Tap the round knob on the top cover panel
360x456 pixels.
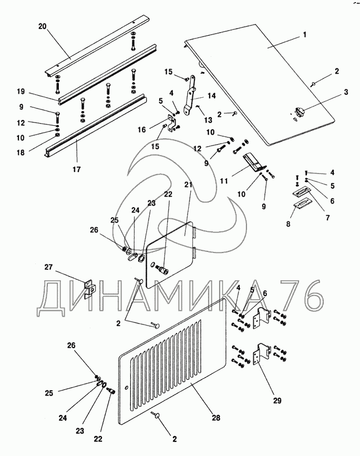tap(300, 112)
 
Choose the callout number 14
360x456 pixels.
tap(211, 95)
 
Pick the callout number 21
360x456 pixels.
tap(189, 185)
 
